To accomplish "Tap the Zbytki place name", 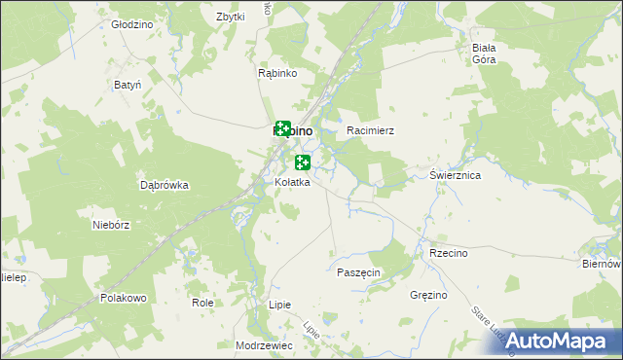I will (x=230, y=18).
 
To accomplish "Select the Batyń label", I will (x=128, y=86).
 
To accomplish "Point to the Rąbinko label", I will (x=276, y=73).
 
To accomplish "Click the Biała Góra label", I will (x=484, y=54).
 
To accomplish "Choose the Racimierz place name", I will (x=370, y=129).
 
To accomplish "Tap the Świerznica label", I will (x=456, y=176).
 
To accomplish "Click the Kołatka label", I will (x=291, y=183).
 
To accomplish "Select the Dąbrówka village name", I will (x=164, y=184).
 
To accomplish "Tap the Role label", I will (x=202, y=303).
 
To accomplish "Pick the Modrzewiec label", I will (x=264, y=345).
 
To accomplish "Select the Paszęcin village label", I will (x=358, y=272).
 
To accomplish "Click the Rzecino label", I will (x=449, y=253).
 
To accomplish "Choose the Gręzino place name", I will (x=428, y=295).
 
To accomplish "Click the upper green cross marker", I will (x=282, y=128).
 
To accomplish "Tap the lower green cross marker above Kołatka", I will (x=303, y=162).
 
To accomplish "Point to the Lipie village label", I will (x=279, y=305).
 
